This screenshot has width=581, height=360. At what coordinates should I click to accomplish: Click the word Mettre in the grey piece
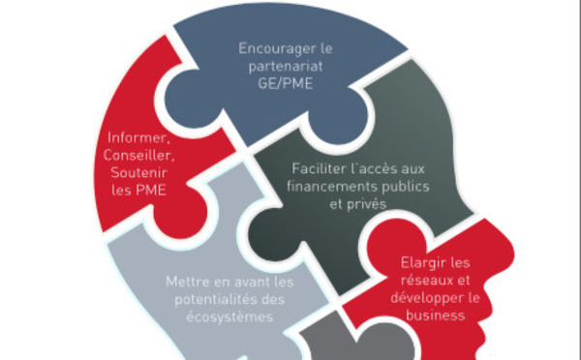187,283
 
